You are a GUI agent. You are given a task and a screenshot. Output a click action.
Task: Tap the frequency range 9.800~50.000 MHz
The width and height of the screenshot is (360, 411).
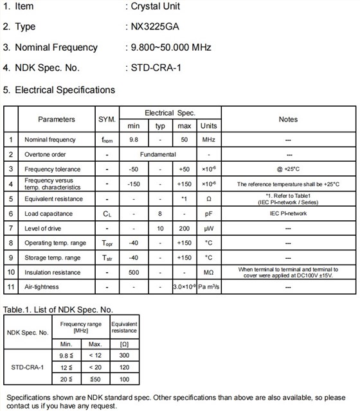click(x=168, y=47)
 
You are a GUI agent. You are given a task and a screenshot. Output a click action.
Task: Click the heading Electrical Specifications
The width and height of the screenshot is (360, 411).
click(x=64, y=89)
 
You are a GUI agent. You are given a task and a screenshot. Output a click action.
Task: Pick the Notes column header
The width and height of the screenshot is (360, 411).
click(x=288, y=119)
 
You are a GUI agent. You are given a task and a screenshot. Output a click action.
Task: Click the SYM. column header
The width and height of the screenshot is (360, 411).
click(x=107, y=119)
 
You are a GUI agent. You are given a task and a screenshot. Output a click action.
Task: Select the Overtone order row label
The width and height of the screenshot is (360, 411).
click(x=46, y=155)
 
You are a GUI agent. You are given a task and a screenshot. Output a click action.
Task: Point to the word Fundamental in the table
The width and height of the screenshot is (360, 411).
click(x=158, y=155)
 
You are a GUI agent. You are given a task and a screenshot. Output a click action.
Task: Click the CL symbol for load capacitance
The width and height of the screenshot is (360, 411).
click(x=107, y=214)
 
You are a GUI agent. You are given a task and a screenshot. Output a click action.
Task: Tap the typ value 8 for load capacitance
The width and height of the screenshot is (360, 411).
click(x=160, y=214)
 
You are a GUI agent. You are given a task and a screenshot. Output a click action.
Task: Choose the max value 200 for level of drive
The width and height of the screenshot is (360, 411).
click(x=184, y=229)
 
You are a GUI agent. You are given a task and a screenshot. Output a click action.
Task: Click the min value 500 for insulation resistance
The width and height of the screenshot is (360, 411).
click(x=134, y=272)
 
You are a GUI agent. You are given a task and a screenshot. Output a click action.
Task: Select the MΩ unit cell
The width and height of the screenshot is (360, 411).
click(x=208, y=272)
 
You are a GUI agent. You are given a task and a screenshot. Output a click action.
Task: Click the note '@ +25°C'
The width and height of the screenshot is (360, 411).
click(x=288, y=170)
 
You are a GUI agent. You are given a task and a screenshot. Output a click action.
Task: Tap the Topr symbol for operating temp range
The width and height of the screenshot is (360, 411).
click(x=107, y=243)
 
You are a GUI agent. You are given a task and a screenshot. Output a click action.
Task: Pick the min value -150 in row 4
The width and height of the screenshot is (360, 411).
click(x=134, y=184)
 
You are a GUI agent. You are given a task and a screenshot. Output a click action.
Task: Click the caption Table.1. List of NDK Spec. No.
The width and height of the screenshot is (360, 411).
click(x=59, y=310)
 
